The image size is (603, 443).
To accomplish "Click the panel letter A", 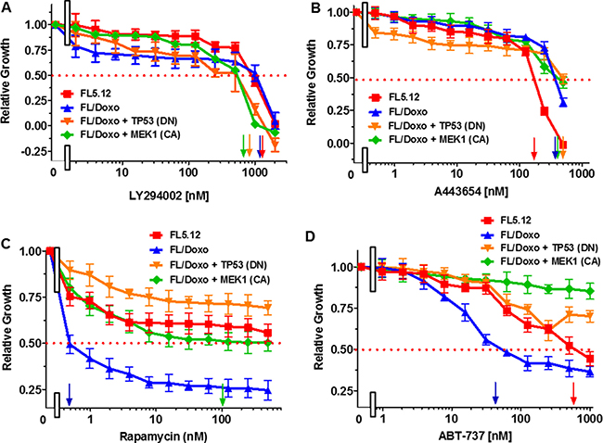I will [x=7, y=7].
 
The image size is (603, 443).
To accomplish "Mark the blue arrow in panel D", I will [x=495, y=390].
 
